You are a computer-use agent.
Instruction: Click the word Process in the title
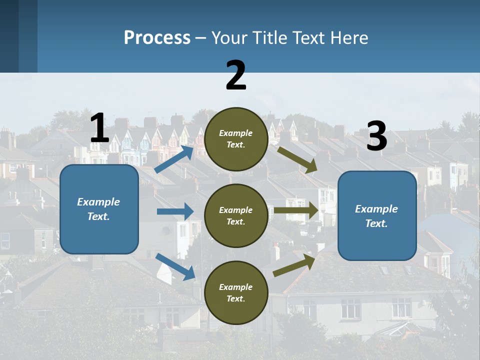point(157,38)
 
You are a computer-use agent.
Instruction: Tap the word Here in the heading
point(348,38)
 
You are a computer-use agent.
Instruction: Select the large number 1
point(99,128)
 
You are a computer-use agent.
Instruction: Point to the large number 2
point(236,75)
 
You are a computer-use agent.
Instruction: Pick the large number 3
point(376,136)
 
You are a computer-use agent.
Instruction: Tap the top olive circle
point(236,139)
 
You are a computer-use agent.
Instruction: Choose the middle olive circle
point(236,215)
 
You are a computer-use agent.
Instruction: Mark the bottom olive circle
point(236,292)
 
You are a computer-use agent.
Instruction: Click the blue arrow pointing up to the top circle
point(174,159)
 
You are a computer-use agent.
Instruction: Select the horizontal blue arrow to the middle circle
point(175,211)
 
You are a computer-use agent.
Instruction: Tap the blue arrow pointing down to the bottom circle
point(175,266)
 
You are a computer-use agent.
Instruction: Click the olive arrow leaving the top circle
point(297,159)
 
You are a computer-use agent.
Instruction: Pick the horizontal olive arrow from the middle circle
point(295,210)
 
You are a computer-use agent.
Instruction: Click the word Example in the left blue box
point(98,202)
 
